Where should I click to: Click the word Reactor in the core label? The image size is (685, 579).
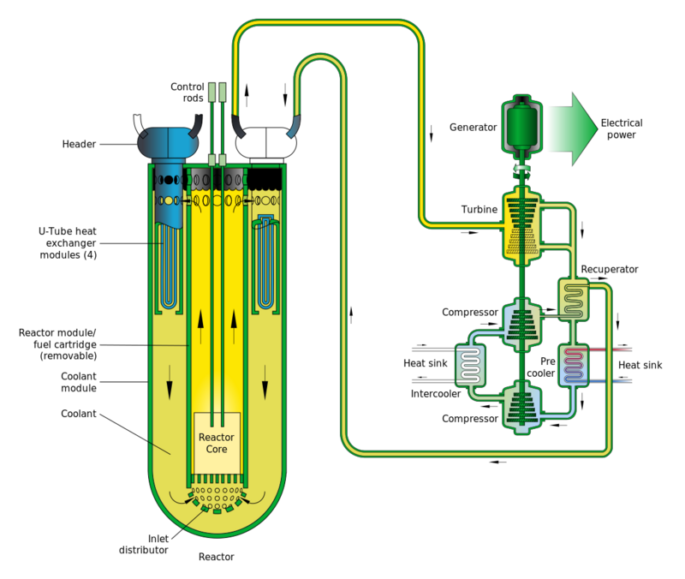(x=216, y=437)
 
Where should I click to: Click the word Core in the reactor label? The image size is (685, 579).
(x=216, y=449)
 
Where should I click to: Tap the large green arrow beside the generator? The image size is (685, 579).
(x=572, y=128)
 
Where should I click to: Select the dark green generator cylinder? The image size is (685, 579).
(x=520, y=128)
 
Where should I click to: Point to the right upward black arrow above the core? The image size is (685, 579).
(x=233, y=321)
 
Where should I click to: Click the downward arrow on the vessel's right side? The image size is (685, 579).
(x=266, y=374)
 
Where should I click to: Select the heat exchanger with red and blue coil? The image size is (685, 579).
(x=572, y=365)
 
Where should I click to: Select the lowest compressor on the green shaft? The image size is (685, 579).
(x=520, y=404)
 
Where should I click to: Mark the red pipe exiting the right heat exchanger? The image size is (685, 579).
(x=613, y=350)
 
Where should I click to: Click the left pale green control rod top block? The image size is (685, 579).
(x=211, y=91)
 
